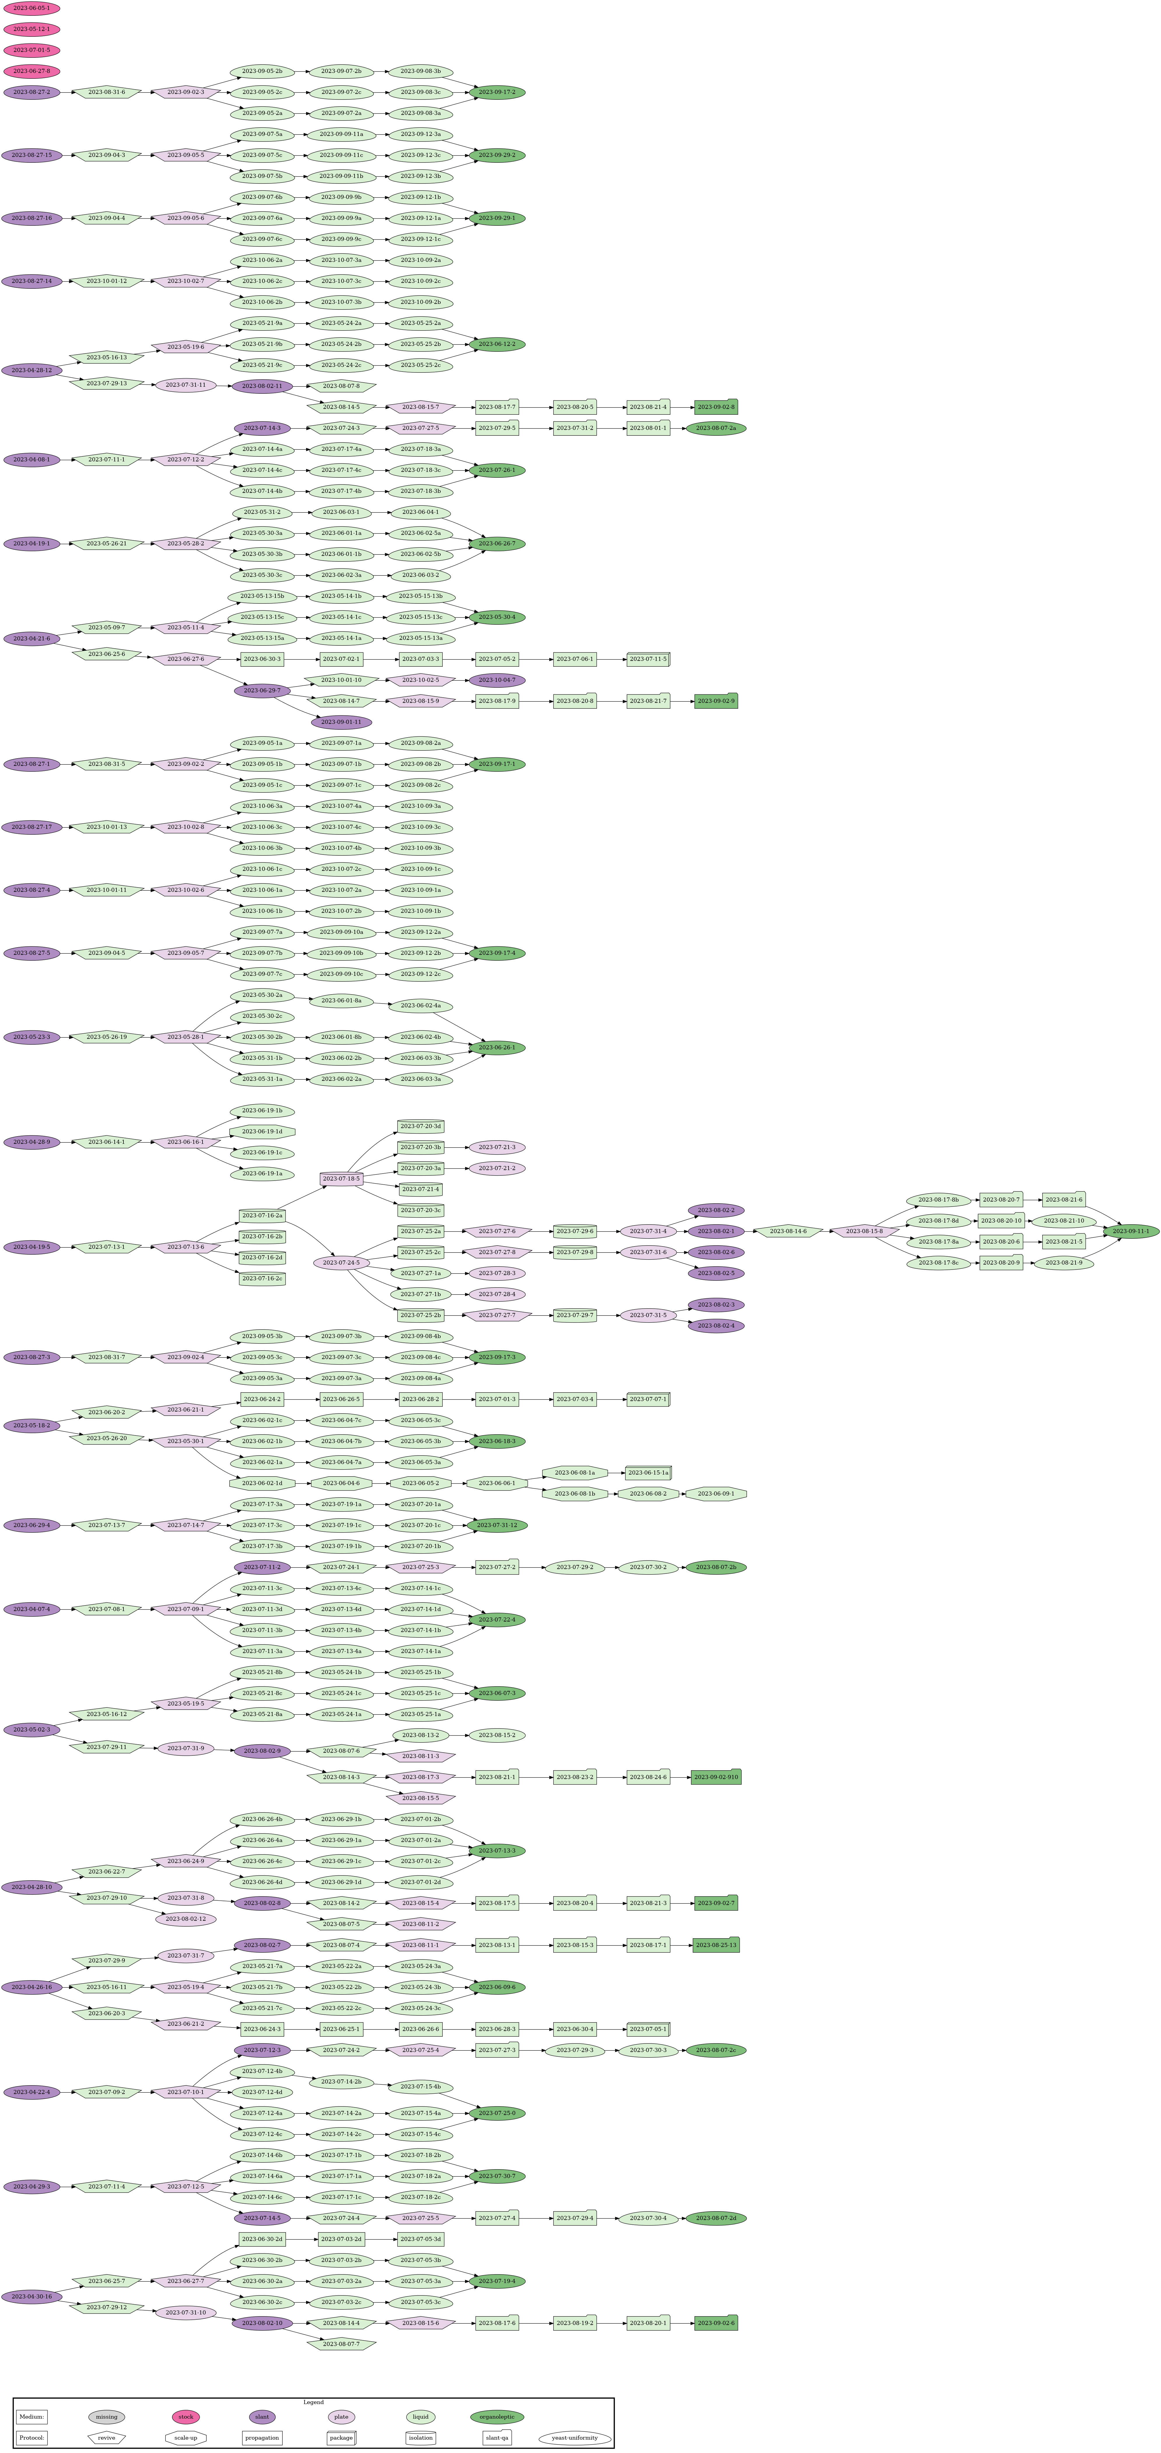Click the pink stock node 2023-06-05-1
(x=32, y=8)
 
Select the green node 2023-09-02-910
(x=715, y=1777)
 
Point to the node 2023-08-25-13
(x=715, y=1944)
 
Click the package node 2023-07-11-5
(x=649, y=659)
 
